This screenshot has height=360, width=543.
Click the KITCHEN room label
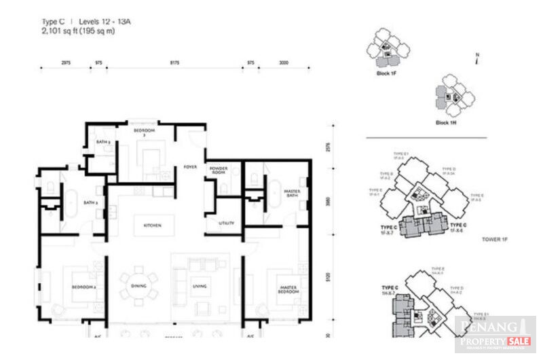[151, 225]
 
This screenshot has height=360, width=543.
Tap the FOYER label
[190, 166]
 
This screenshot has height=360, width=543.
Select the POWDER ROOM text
[218, 170]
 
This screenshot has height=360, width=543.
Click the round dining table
[139, 286]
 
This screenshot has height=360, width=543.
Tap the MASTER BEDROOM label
[288, 289]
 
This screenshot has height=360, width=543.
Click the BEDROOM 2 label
[85, 287]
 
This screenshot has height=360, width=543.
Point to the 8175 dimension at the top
[174, 62]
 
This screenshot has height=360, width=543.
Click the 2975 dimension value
[66, 62]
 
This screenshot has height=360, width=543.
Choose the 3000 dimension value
[284, 62]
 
